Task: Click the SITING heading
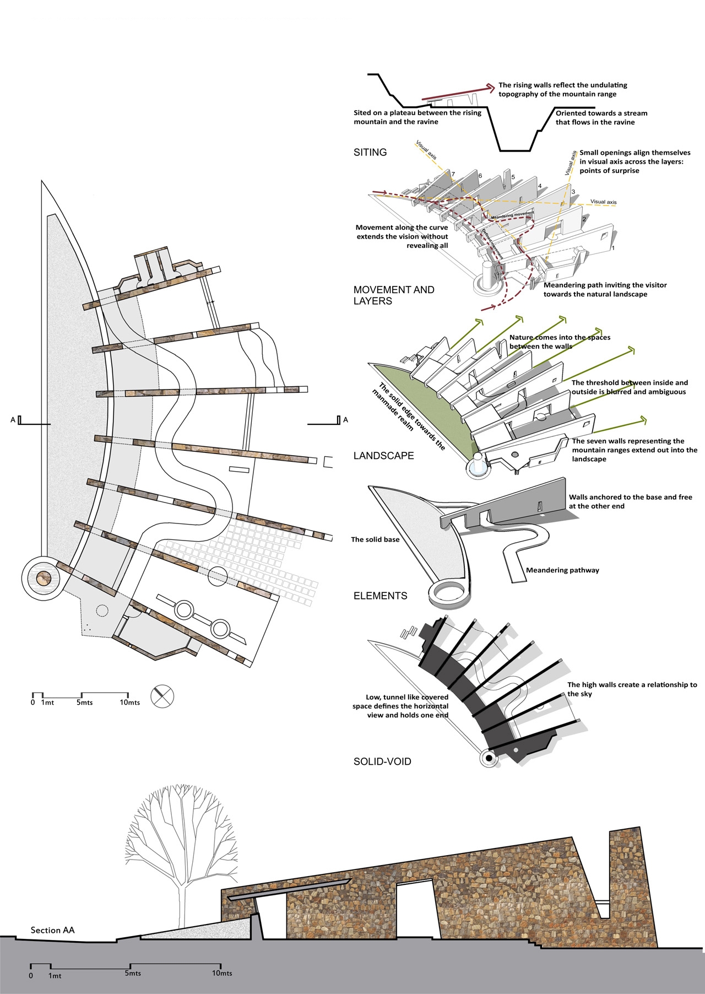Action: (370, 153)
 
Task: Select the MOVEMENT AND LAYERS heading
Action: (393, 295)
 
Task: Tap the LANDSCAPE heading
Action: (383, 456)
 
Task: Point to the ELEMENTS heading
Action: (380, 596)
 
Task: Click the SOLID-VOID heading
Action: (382, 761)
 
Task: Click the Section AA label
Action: (52, 930)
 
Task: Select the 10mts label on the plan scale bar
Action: (130, 703)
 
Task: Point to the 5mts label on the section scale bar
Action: (133, 973)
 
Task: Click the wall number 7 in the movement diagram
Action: (453, 175)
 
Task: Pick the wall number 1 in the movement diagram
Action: (613, 248)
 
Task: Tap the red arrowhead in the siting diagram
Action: (490, 87)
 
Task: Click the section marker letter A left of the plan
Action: (13, 420)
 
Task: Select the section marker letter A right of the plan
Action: (345, 420)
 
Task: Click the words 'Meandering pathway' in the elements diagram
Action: (562, 570)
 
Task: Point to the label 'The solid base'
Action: (375, 539)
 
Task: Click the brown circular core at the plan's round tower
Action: (44, 579)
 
